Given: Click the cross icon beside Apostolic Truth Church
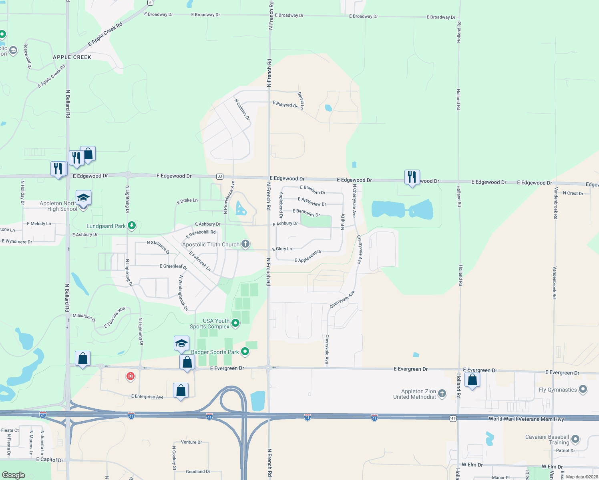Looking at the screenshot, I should coord(245,244).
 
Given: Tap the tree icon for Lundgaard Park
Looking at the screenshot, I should coord(131,226).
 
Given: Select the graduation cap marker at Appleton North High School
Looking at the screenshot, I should coord(83,198).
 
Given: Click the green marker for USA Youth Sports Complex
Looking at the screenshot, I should coord(235,323).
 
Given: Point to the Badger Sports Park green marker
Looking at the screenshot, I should coord(245,352).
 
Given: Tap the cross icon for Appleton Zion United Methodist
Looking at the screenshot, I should coord(442,394).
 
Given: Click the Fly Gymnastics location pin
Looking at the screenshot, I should coord(583,389).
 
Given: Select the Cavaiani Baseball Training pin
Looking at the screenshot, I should coord(575,439).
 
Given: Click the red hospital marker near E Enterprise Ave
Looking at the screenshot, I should coord(130,376).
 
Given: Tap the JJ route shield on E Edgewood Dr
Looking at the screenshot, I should coord(219,176).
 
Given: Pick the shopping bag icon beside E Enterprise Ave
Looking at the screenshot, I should coord(181,390).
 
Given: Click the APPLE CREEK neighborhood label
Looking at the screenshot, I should coord(72,57).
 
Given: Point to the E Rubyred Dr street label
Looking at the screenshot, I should coord(285,104).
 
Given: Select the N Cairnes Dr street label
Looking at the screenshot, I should coord(242,110).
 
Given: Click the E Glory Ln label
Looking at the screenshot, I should coord(282,249).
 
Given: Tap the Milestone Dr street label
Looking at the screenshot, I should coord(84,318).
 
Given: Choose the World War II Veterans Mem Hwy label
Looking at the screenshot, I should coord(526,419).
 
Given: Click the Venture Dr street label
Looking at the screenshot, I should coord(191,442).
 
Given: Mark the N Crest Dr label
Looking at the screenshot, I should coord(573,193).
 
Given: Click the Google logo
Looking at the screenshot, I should coord(14,475).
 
